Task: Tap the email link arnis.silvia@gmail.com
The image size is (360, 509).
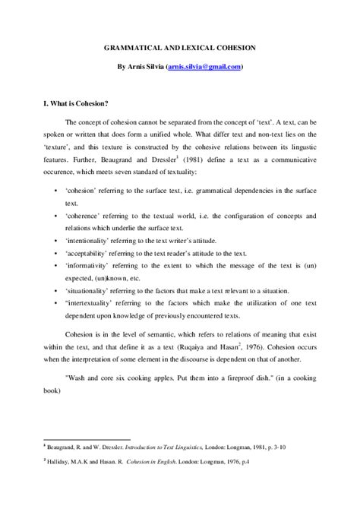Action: (x=204, y=66)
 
